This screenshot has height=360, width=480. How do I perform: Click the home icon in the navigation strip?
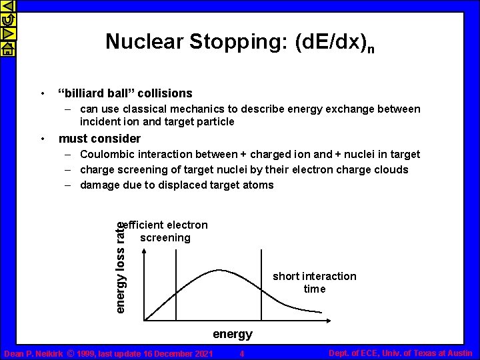8,48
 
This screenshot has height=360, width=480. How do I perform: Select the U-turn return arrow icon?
8,20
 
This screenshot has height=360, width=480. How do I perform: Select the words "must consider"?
100,139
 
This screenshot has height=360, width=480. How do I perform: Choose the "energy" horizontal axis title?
233,334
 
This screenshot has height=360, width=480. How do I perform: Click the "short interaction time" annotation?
314,283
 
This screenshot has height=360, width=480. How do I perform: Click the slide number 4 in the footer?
243,353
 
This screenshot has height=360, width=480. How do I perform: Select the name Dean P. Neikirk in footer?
33,353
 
